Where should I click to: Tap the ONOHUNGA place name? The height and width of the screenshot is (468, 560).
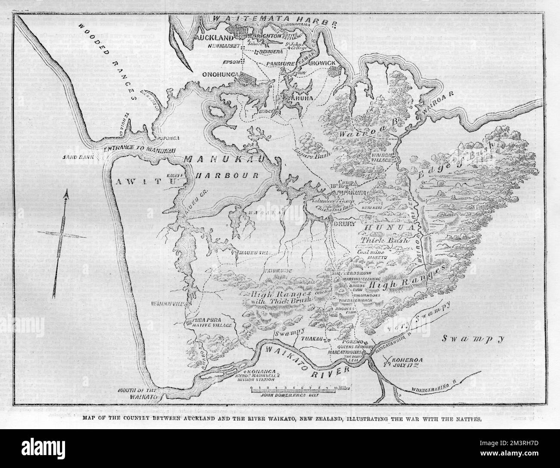[221, 75]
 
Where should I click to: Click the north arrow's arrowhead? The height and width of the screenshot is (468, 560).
[66, 197]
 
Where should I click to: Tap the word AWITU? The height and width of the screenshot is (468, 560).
[139, 182]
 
